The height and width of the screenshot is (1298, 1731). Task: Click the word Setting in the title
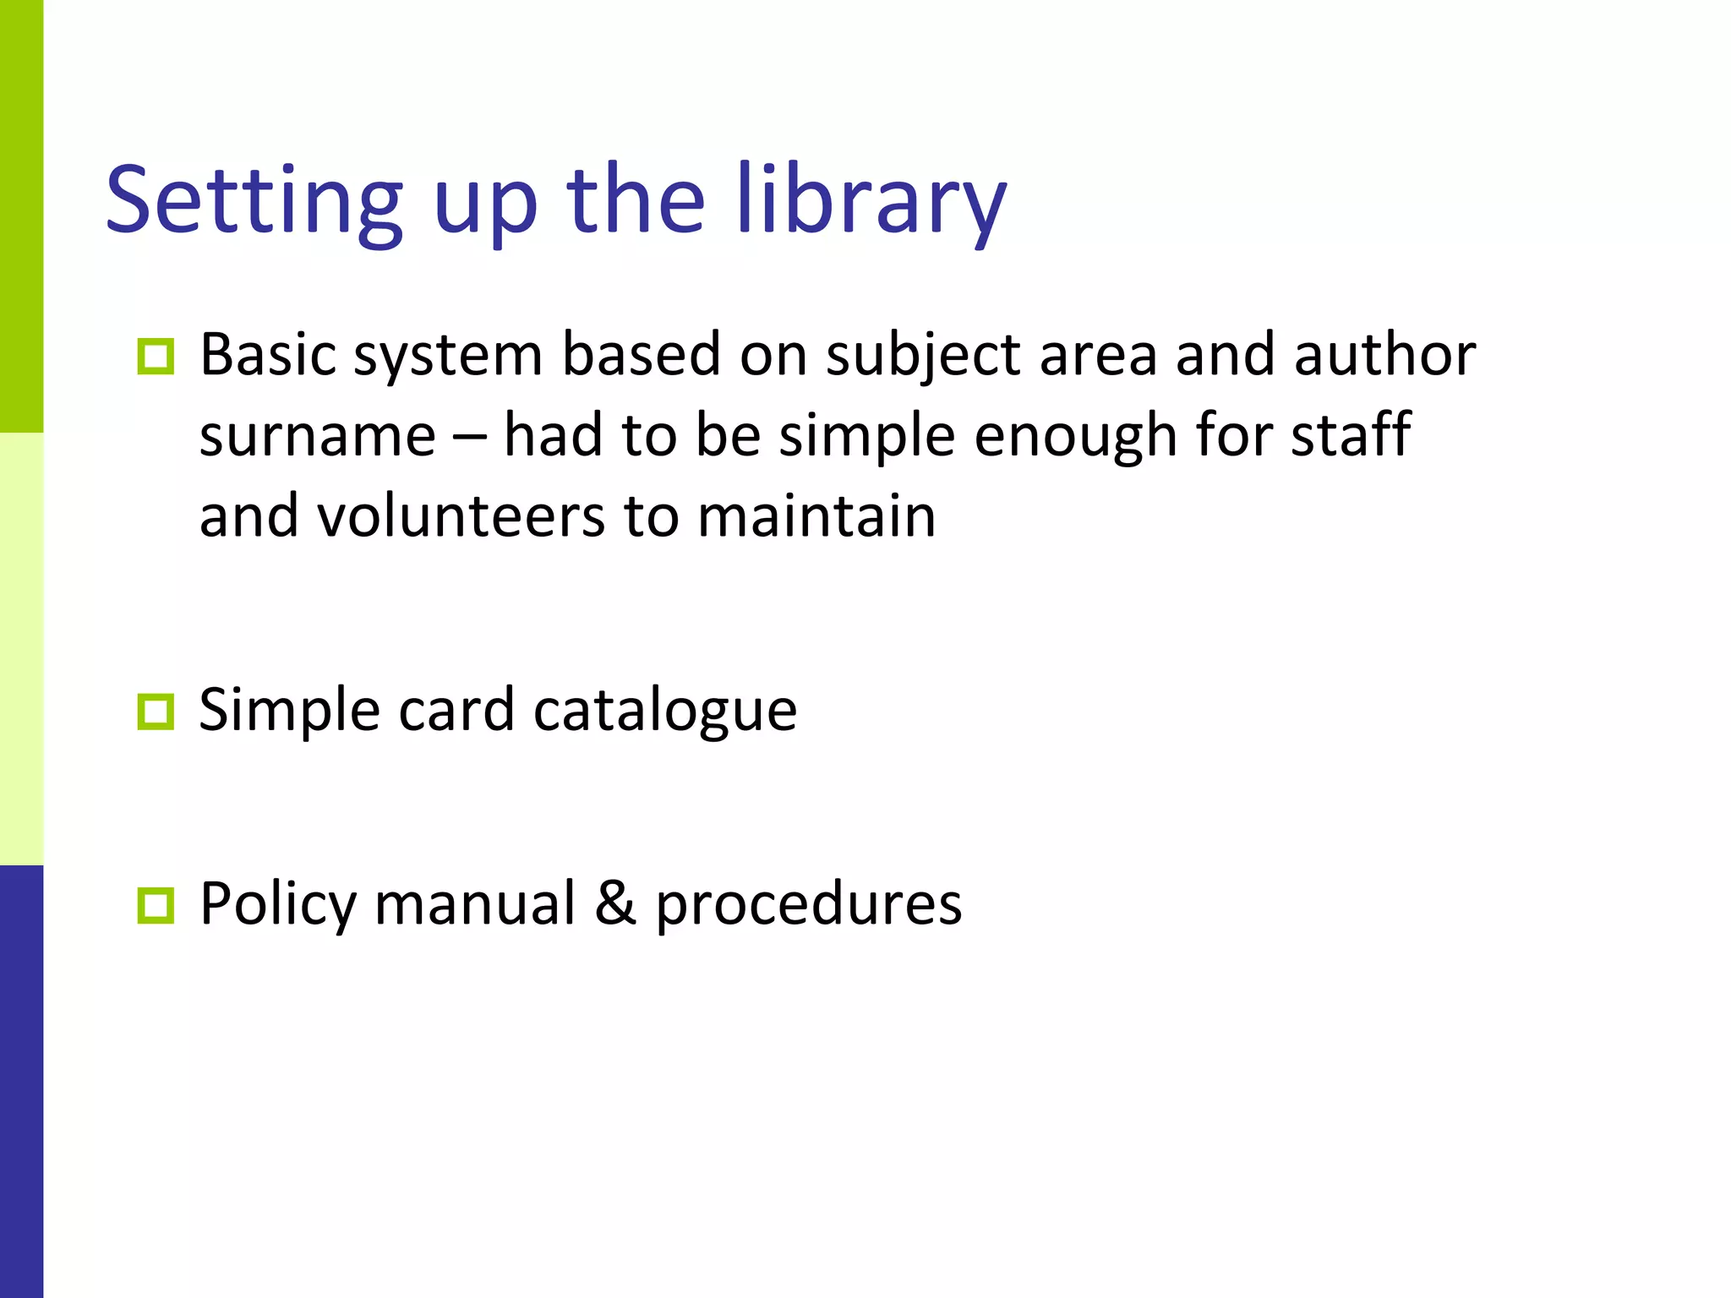(x=254, y=201)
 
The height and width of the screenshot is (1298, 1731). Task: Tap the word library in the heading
(x=871, y=201)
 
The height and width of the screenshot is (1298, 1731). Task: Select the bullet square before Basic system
(x=156, y=357)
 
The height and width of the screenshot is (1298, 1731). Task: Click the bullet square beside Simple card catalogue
(x=156, y=712)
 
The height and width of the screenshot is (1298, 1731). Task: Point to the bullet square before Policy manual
(x=156, y=905)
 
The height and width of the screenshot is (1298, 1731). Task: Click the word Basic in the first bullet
(x=268, y=354)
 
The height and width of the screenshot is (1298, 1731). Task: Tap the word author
(x=1384, y=354)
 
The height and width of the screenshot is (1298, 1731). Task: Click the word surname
(x=318, y=435)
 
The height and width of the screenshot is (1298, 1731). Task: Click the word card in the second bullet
(x=456, y=710)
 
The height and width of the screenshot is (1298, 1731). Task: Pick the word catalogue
(x=665, y=710)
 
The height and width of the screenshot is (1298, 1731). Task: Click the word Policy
(x=279, y=904)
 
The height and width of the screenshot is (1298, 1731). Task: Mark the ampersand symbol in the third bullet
(x=614, y=903)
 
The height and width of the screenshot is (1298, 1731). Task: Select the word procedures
(x=809, y=904)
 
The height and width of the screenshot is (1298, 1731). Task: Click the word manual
(x=475, y=903)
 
